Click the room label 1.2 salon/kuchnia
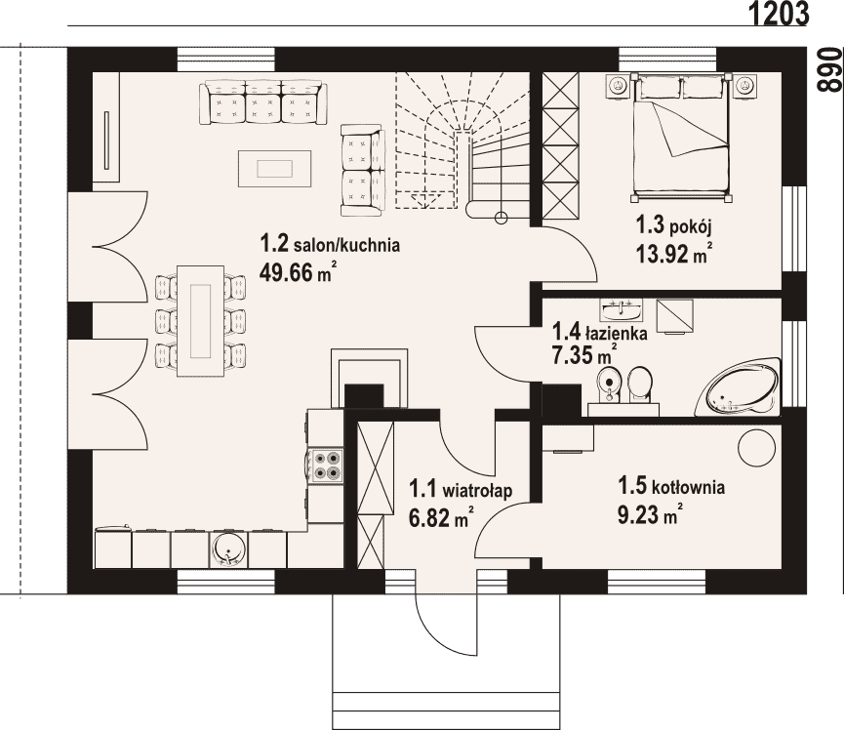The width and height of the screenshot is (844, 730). pyautogui.click(x=330, y=244)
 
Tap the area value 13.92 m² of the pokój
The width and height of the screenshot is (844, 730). pyautogui.click(x=675, y=253)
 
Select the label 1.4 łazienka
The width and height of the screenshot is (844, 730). pyautogui.click(x=600, y=332)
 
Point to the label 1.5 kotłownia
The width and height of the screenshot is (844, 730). pyautogui.click(x=671, y=487)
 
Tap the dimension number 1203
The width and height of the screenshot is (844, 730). pyautogui.click(x=779, y=14)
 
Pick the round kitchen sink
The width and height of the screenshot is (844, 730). pyautogui.click(x=228, y=550)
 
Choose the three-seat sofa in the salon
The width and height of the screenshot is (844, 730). pyautogui.click(x=262, y=102)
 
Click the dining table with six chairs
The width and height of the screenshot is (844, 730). pyautogui.click(x=200, y=322)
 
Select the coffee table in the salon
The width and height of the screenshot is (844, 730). pyautogui.click(x=275, y=169)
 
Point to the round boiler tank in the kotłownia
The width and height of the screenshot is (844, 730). pyautogui.click(x=757, y=450)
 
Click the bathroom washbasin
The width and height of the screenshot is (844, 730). pyautogui.click(x=622, y=310)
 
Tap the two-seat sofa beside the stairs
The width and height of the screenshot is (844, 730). pyautogui.click(x=363, y=170)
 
